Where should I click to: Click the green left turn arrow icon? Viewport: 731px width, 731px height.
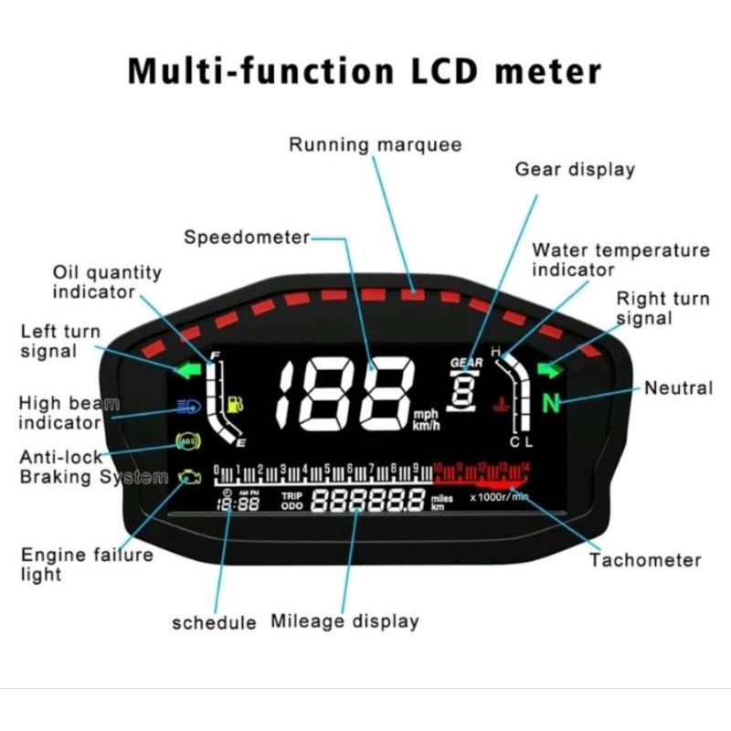[x=189, y=371]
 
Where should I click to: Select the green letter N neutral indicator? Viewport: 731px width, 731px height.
[x=550, y=403]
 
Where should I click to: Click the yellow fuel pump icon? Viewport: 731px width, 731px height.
[x=236, y=403]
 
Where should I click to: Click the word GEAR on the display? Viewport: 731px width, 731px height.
[x=466, y=362]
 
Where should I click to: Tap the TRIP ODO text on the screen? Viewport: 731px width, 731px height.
[x=291, y=500]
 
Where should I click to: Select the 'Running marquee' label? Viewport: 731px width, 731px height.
[x=375, y=144]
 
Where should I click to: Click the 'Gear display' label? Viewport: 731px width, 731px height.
[x=575, y=169]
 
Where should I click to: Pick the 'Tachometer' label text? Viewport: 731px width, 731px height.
[x=644, y=560]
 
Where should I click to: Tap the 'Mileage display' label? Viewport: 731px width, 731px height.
[x=344, y=621]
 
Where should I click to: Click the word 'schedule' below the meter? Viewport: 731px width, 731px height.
[x=214, y=622]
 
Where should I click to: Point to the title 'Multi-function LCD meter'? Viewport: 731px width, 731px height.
[x=365, y=70]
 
